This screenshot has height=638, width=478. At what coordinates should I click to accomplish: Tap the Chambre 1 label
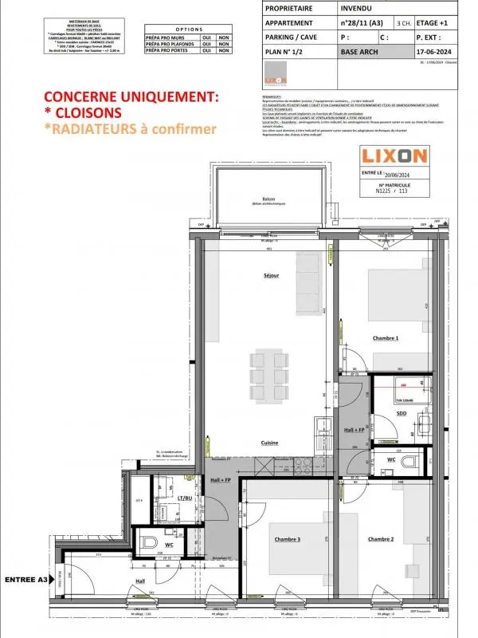pos(386,338)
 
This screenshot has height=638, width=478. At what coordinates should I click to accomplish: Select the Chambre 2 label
pos(381,539)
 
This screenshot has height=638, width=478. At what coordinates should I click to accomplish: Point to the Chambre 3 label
pos(288,539)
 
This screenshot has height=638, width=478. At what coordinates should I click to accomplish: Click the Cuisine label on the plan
pos(268,443)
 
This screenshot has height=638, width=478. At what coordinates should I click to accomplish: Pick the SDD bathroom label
pos(401,413)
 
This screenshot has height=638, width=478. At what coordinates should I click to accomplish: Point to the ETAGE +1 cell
pos(433,23)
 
